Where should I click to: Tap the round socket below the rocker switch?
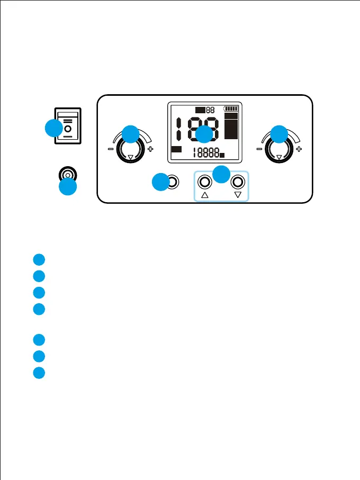67,175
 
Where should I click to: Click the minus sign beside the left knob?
111,149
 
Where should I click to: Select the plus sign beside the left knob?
151,149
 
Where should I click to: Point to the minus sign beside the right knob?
259,149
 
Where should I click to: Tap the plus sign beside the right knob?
299,149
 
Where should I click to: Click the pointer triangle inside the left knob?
131,157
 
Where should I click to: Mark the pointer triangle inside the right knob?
279,157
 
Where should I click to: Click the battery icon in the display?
232,108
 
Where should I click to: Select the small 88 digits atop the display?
210,110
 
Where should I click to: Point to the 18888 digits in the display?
206,153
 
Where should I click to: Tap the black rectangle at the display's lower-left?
177,149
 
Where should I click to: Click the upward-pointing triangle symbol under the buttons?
205,195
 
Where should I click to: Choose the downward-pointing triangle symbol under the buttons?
238,195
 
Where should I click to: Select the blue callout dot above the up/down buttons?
222,173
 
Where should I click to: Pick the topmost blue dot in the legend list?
38,259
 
